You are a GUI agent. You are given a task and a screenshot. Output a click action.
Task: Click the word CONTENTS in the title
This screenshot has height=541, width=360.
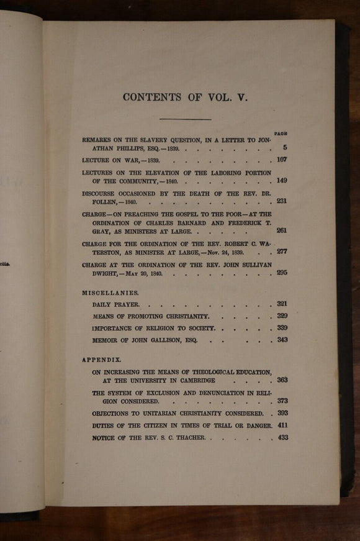pos(152,97)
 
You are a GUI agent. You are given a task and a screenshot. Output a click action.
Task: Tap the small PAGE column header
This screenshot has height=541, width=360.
pos(281,134)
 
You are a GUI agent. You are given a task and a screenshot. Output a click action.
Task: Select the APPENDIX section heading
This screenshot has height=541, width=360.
pos(102,360)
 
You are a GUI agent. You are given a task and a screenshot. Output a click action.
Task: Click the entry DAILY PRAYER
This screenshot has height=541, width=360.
pos(116,305)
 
